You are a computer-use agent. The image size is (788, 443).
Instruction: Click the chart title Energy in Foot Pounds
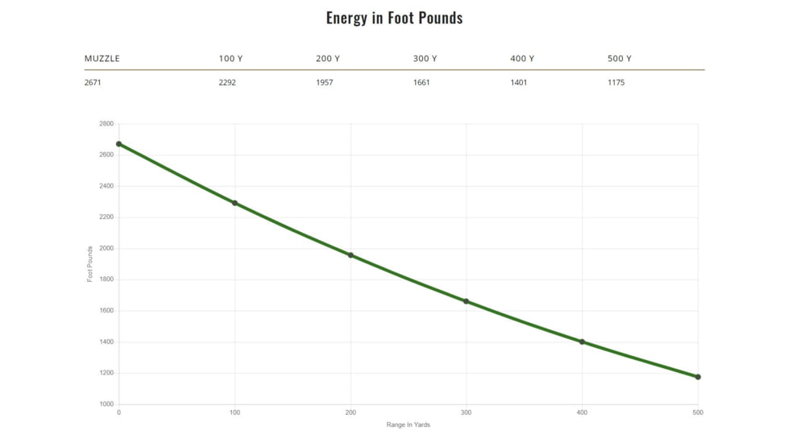(394, 18)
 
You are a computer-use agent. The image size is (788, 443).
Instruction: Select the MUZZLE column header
(102, 59)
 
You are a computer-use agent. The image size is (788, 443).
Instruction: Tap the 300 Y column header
(425, 59)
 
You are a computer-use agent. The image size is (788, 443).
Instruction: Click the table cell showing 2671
(93, 82)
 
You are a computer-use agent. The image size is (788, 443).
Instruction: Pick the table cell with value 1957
(324, 82)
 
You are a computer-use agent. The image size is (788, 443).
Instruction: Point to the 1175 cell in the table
(616, 82)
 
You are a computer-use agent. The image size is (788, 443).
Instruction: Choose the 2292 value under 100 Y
(227, 82)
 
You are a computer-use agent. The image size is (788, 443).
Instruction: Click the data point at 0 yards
(119, 144)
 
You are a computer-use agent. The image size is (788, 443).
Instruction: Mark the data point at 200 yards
(350, 255)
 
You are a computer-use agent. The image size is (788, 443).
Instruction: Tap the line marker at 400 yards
(582, 342)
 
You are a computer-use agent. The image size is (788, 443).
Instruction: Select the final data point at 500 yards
(698, 377)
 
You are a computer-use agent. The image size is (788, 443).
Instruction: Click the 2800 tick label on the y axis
(106, 124)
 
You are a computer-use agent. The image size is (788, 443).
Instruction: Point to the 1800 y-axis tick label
(106, 279)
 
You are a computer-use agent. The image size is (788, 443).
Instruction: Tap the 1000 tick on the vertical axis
(106, 404)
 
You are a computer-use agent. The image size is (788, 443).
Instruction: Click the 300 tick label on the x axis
(466, 413)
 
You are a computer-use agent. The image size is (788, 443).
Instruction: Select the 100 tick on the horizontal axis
(234, 413)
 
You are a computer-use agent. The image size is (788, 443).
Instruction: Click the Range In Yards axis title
(408, 425)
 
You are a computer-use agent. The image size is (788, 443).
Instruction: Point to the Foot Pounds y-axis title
(90, 263)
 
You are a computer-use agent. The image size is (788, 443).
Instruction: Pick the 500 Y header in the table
(619, 59)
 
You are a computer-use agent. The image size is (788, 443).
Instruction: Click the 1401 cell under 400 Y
(518, 82)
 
